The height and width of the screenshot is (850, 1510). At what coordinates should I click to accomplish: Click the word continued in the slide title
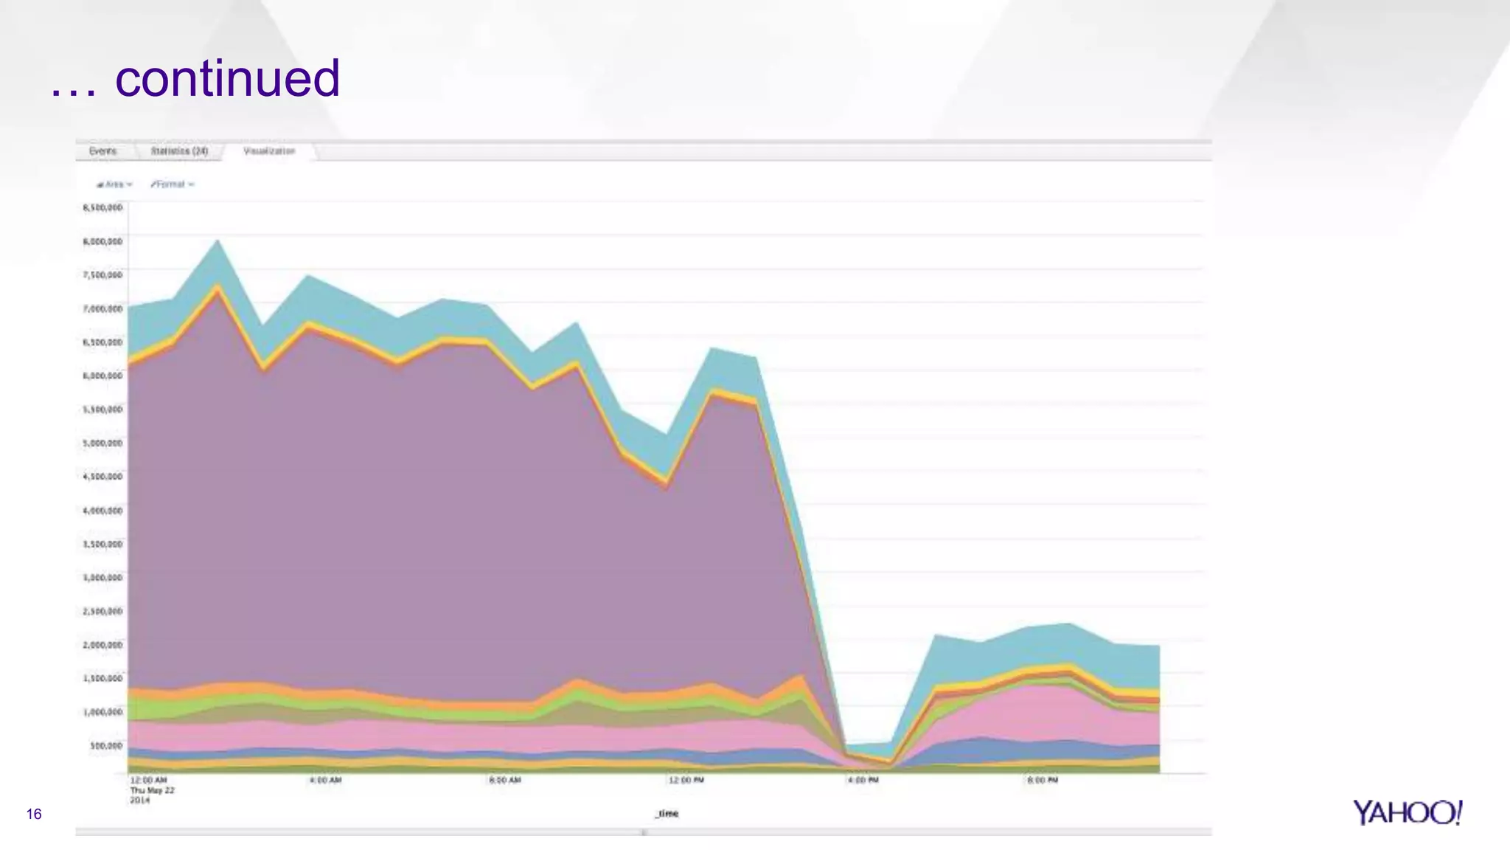pyautogui.click(x=227, y=78)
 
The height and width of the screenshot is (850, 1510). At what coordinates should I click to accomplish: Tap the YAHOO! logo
pyautogui.click(x=1407, y=812)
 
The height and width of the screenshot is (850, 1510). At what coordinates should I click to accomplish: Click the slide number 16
pyautogui.click(x=34, y=814)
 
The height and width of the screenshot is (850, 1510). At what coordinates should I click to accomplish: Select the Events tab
pyautogui.click(x=103, y=151)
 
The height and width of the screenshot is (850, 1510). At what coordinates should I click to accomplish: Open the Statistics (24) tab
pyautogui.click(x=179, y=151)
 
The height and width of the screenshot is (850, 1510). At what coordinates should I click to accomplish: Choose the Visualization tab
pyautogui.click(x=269, y=151)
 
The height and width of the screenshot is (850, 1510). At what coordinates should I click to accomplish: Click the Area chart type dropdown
pyautogui.click(x=115, y=184)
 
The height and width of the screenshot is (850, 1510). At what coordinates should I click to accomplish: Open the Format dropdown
pyautogui.click(x=173, y=184)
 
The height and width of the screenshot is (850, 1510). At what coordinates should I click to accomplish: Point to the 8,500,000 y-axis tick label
pyautogui.click(x=102, y=208)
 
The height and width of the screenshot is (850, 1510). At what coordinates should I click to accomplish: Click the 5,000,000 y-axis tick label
pyautogui.click(x=102, y=443)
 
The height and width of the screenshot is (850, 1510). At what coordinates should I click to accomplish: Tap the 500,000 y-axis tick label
pyautogui.click(x=106, y=745)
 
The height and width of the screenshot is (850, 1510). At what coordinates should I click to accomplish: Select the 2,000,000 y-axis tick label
pyautogui.click(x=102, y=645)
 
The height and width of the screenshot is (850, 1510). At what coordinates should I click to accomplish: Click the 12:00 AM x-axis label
pyautogui.click(x=148, y=780)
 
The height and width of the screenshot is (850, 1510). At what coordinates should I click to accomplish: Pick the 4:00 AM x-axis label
pyautogui.click(x=325, y=780)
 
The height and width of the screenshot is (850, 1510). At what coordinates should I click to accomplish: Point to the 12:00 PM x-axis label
pyautogui.click(x=686, y=780)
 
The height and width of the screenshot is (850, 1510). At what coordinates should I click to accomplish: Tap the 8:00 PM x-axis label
pyautogui.click(x=1043, y=780)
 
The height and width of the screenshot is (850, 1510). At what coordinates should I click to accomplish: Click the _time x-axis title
pyautogui.click(x=667, y=813)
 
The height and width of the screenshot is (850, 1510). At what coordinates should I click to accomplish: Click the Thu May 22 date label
pyautogui.click(x=153, y=790)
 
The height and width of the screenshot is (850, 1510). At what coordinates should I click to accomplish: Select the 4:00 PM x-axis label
pyautogui.click(x=863, y=780)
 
